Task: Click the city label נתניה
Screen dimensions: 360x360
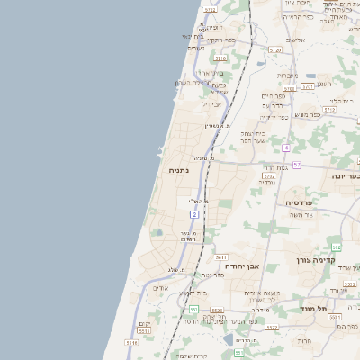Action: pyautogui.click(x=177, y=169)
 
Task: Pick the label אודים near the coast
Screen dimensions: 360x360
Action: pyautogui.click(x=160, y=288)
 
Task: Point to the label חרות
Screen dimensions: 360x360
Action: pyautogui.click(x=304, y=341)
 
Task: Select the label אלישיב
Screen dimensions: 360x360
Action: pyautogui.click(x=296, y=40)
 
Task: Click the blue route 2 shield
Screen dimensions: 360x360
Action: pyautogui.click(x=194, y=214)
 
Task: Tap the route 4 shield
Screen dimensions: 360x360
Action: pyautogui.click(x=286, y=148)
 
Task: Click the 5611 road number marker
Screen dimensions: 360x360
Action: pyautogui.click(x=220, y=257)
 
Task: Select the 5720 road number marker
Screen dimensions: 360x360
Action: pyautogui.click(x=274, y=50)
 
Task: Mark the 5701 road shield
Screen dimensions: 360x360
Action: pyautogui.click(x=307, y=86)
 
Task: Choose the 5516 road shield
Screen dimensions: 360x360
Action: pyautogui.click(x=132, y=343)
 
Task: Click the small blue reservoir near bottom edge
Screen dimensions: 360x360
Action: pyautogui.click(x=229, y=340)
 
